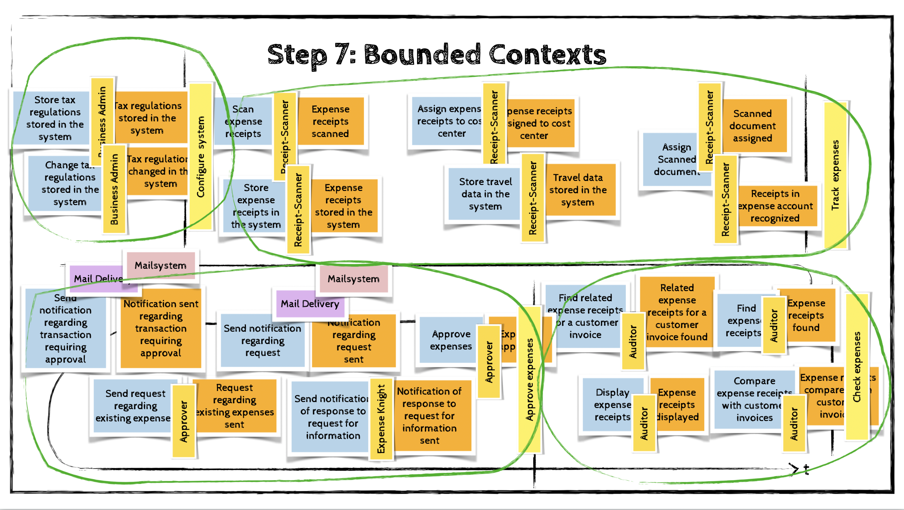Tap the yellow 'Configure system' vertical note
click(x=201, y=156)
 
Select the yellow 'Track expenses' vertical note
click(x=836, y=175)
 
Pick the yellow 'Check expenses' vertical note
click(x=857, y=367)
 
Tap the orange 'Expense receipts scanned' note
click(x=330, y=121)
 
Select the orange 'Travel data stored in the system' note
click(x=578, y=190)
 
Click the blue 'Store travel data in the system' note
click(x=485, y=194)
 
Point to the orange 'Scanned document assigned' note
click(x=753, y=126)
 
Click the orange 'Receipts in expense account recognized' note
click(x=776, y=206)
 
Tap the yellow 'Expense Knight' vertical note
click(x=381, y=419)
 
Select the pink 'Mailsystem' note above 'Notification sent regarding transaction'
click(x=160, y=265)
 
